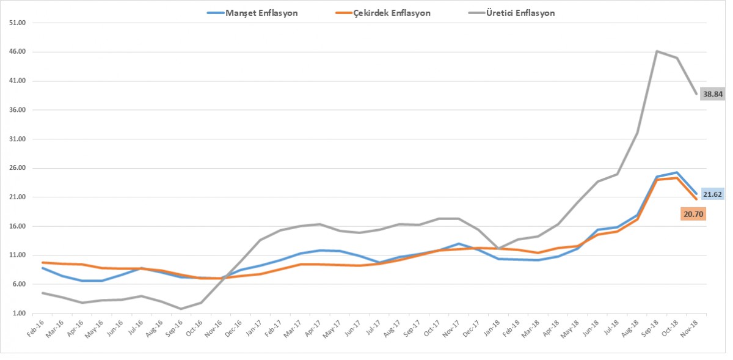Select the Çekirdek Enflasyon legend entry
(x=391, y=12)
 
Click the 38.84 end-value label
(x=712, y=94)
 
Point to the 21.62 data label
(x=712, y=194)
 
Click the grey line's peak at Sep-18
(x=657, y=51)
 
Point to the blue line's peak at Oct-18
(x=677, y=172)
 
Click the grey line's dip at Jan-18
(x=498, y=249)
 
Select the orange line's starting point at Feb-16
(x=43, y=262)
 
